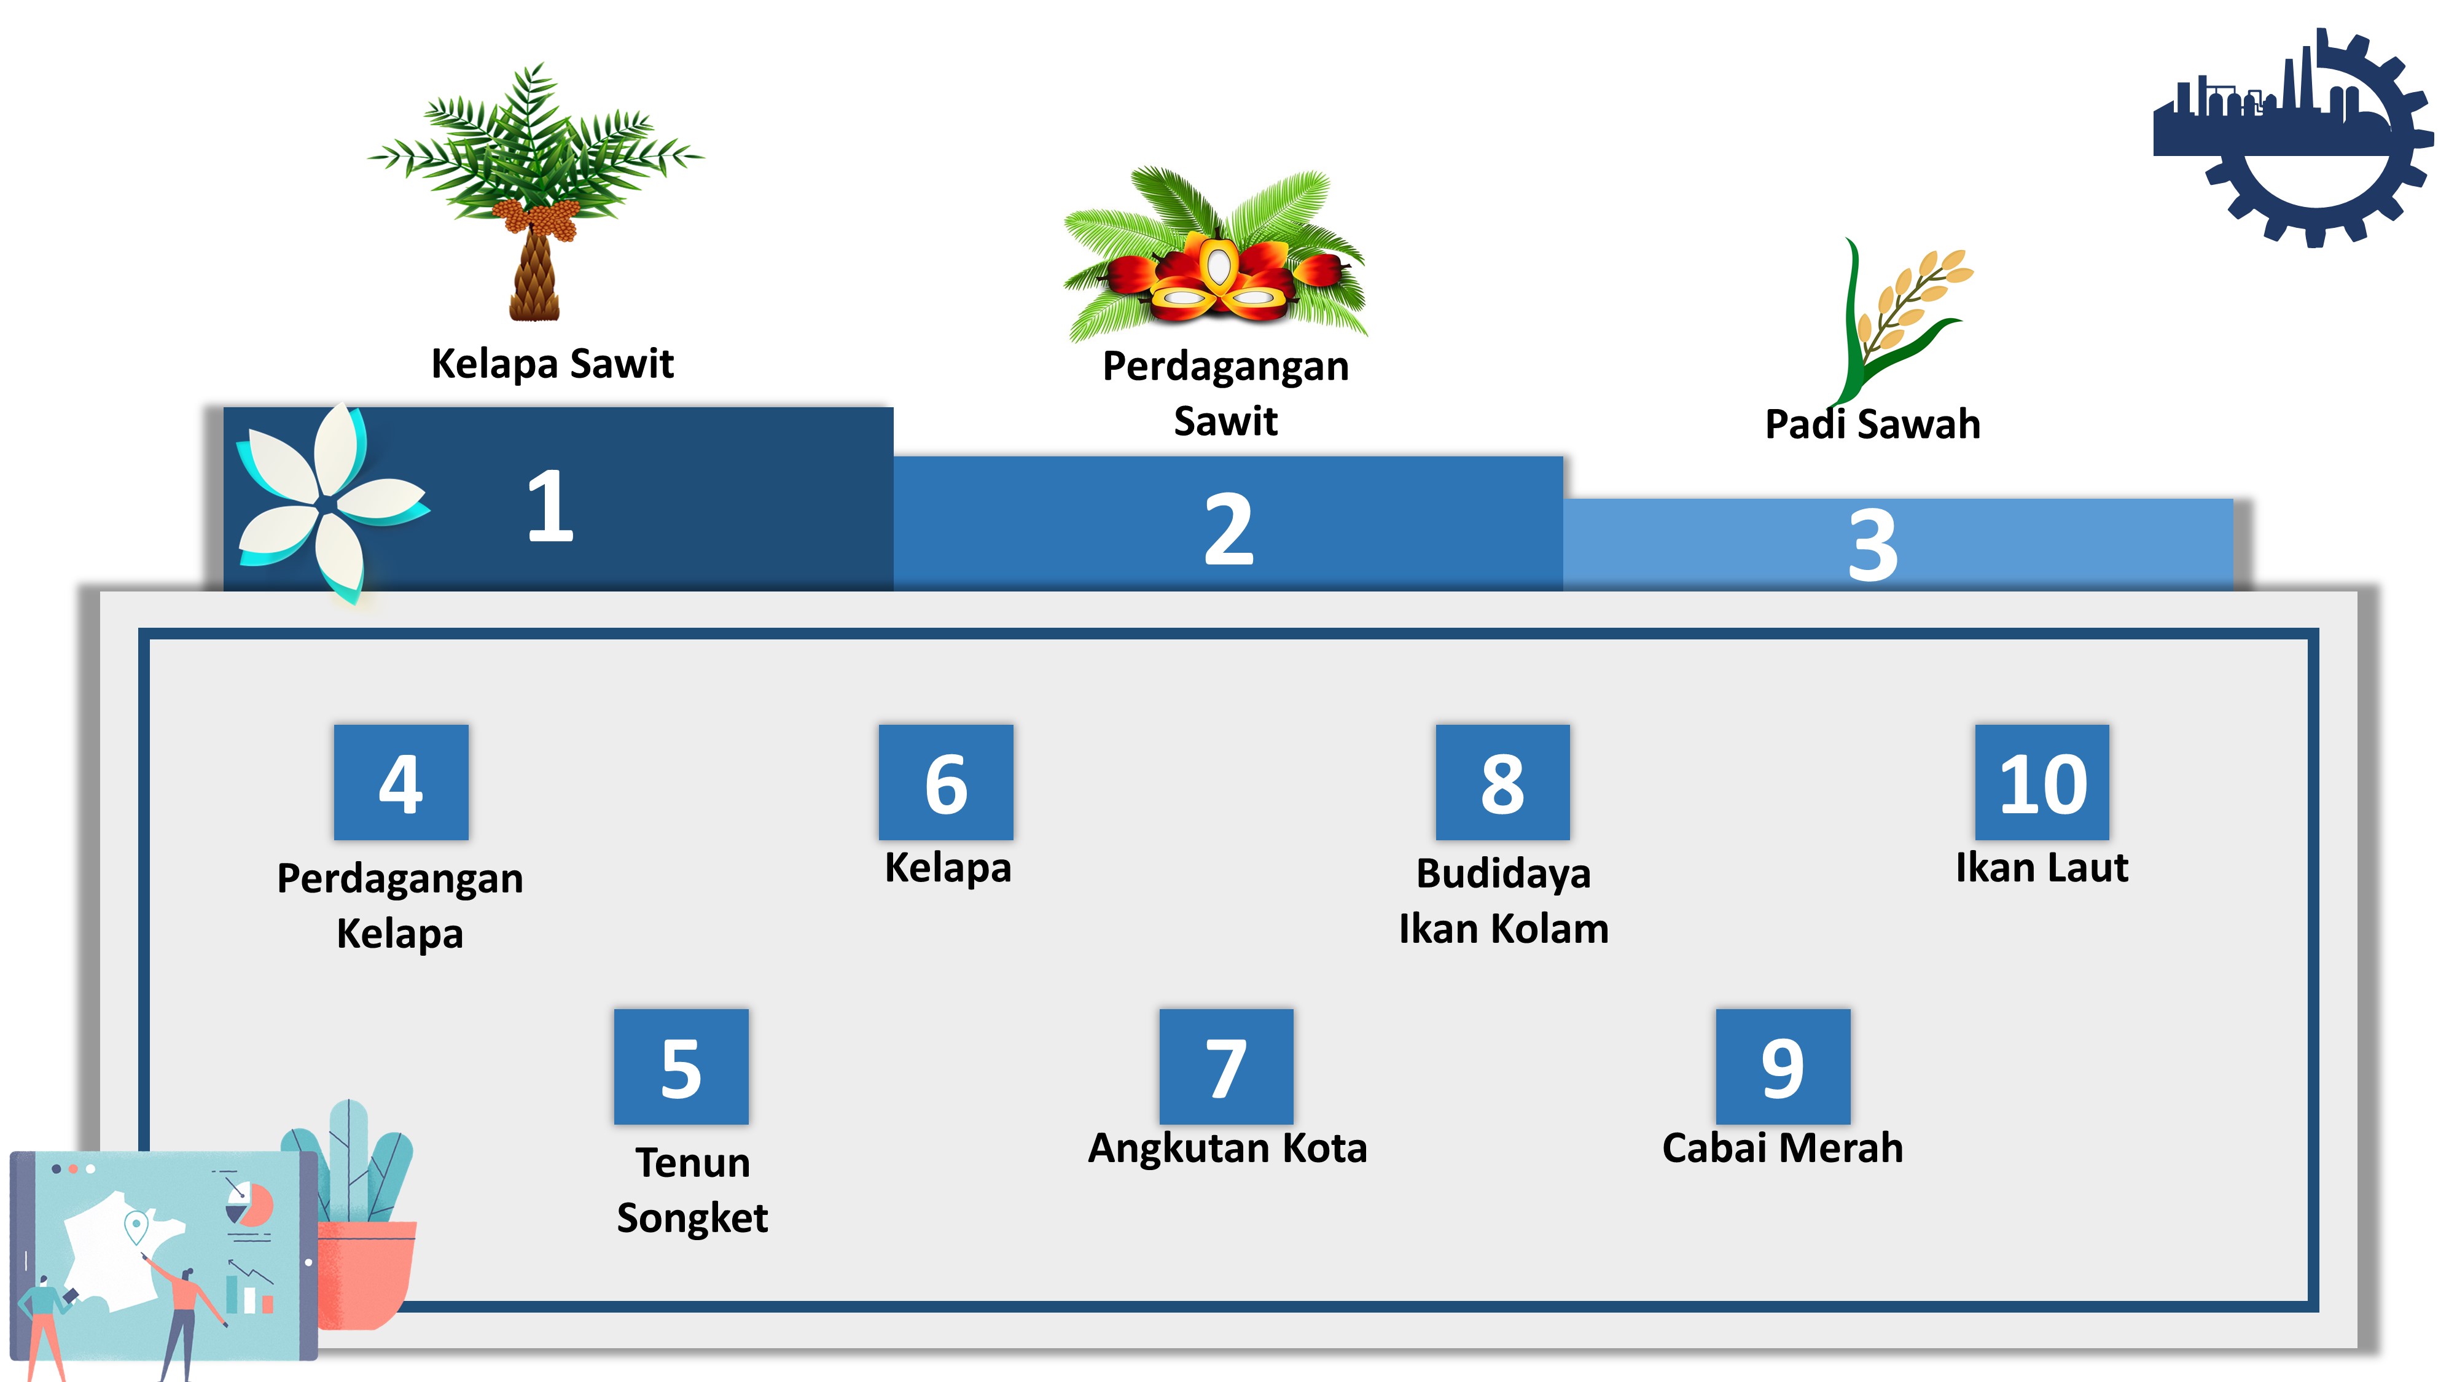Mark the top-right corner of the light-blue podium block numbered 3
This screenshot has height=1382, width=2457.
[2233, 499]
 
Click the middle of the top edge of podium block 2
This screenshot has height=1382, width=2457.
[1228, 457]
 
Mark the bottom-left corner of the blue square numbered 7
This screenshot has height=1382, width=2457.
[1160, 1123]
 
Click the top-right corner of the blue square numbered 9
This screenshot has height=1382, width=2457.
[1850, 1009]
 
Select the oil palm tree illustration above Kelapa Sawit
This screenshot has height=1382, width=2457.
[536, 191]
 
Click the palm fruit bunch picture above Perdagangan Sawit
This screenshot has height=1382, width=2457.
[1216, 252]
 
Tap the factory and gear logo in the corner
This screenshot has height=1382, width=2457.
[2293, 138]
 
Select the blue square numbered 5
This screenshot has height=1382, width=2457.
[681, 1066]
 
